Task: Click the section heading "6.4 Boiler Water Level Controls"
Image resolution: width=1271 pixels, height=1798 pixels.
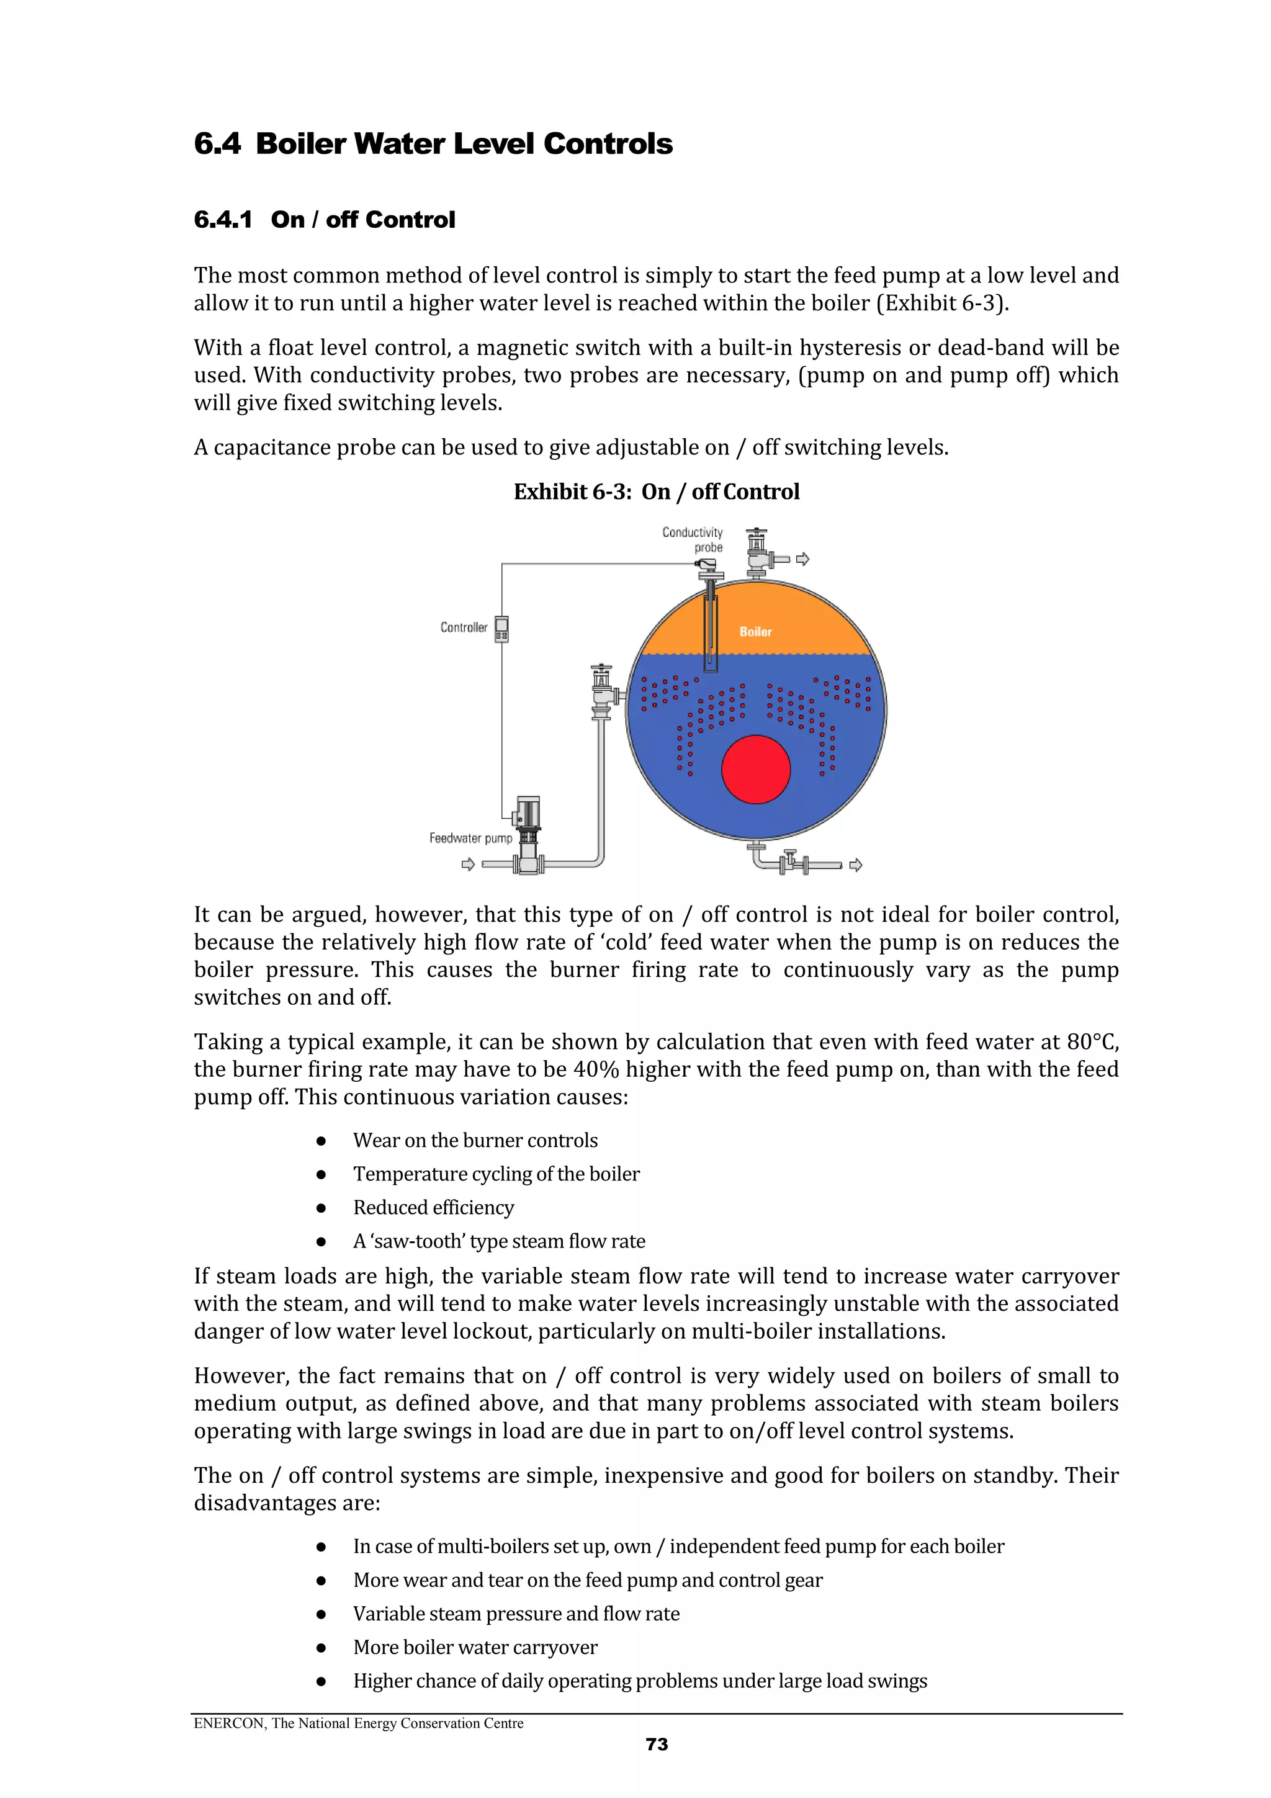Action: [433, 144]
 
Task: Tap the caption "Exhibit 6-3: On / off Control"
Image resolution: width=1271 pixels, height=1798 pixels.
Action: [656, 492]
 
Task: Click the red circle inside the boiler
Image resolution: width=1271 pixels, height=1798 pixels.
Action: [756, 769]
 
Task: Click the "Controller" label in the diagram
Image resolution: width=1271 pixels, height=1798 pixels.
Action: [464, 627]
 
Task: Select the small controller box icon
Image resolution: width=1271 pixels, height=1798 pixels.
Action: [501, 629]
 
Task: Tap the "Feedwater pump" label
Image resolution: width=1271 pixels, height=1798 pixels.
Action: [470, 838]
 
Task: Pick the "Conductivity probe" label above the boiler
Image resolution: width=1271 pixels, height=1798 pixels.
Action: [694, 539]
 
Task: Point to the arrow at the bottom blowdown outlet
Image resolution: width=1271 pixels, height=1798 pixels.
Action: [856, 865]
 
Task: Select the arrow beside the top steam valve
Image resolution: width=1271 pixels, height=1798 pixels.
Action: [802, 559]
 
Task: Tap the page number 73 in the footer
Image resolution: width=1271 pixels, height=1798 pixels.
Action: [656, 1745]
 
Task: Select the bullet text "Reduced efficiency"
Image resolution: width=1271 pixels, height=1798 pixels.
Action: [433, 1208]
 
